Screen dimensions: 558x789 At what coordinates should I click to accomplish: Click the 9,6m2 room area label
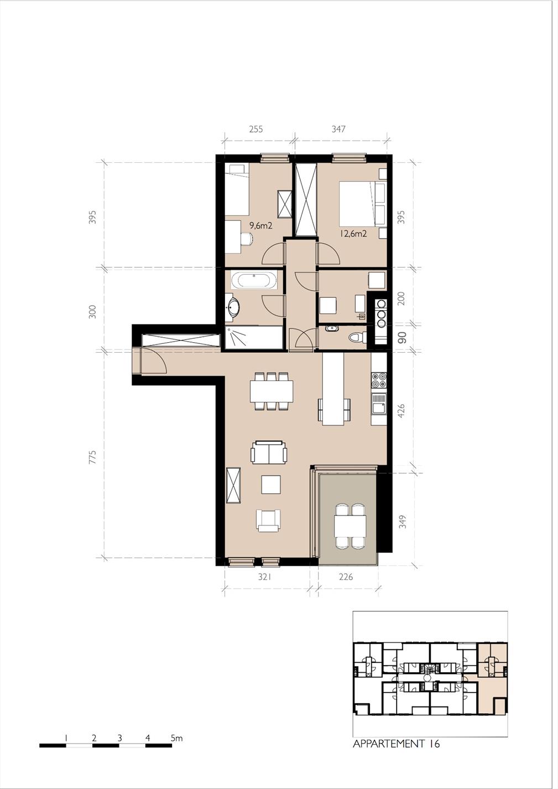pyautogui.click(x=261, y=225)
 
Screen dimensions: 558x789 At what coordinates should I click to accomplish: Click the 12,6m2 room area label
pyautogui.click(x=353, y=233)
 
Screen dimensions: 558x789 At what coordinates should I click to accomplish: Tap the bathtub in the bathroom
pyautogui.click(x=254, y=281)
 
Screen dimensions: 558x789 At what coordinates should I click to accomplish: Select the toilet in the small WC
pyautogui.click(x=357, y=338)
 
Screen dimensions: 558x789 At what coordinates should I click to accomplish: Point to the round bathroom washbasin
pyautogui.click(x=233, y=307)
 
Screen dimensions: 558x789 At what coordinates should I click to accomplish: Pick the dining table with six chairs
pyautogui.click(x=272, y=391)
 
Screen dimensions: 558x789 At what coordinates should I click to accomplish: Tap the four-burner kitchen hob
pyautogui.click(x=379, y=380)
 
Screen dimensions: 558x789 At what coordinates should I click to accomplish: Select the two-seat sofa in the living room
pyautogui.click(x=269, y=452)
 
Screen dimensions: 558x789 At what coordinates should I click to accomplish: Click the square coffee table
pyautogui.click(x=271, y=484)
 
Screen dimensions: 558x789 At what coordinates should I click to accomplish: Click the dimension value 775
pyautogui.click(x=92, y=457)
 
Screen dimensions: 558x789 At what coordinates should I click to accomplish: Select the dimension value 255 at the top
pyautogui.click(x=256, y=129)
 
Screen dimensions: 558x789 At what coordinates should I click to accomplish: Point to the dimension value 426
pyautogui.click(x=401, y=411)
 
